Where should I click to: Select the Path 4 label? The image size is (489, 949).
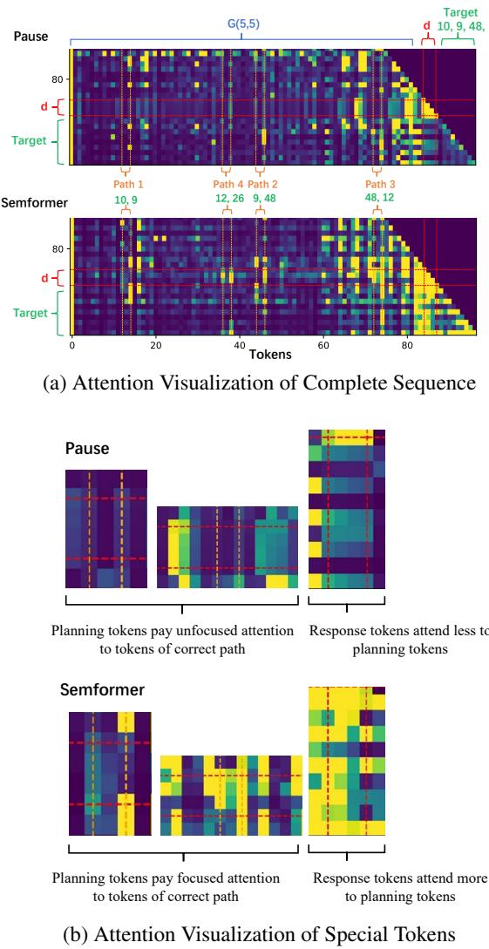(228, 185)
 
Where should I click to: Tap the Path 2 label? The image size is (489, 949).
(262, 185)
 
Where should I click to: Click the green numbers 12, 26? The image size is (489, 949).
(228, 199)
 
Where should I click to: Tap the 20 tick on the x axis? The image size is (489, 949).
(155, 345)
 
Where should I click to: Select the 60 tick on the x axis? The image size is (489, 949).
(323, 345)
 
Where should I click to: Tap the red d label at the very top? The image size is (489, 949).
(427, 25)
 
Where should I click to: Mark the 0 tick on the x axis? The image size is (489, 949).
(71, 345)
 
